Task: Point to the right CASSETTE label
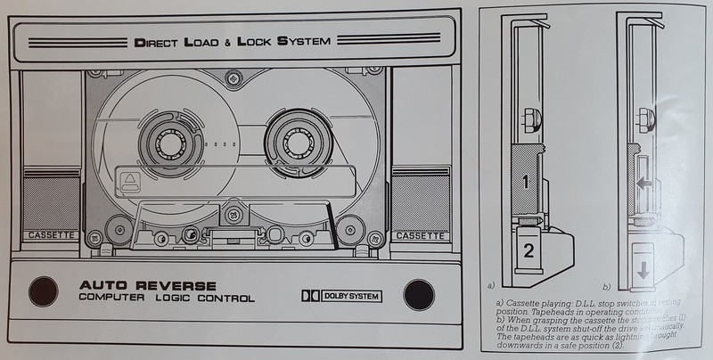pos(418,237)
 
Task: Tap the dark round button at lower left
pos(42,292)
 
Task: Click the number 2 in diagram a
pos(529,250)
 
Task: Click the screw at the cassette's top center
pos(232,81)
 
